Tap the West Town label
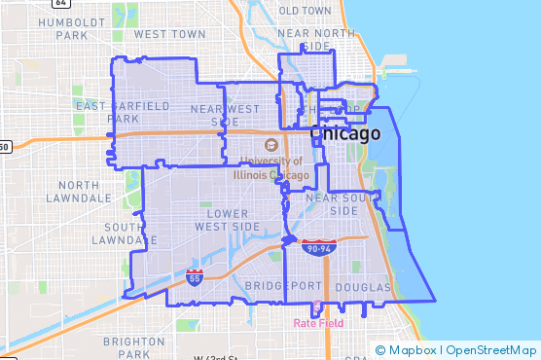[170, 33]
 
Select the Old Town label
[304, 10]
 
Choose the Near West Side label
[226, 115]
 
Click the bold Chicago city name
[344, 134]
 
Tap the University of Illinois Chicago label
[270, 168]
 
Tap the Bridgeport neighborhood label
[282, 286]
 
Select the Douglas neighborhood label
[362, 288]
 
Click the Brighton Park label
[133, 347]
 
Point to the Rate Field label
[319, 322]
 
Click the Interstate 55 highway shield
[196, 277]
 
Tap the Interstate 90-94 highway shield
[318, 248]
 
